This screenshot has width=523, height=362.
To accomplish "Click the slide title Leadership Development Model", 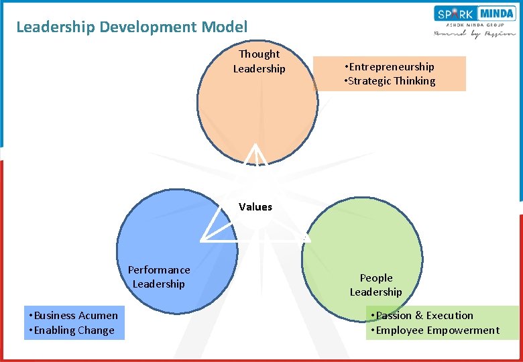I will click(131, 27).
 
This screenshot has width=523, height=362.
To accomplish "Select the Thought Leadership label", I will click(259, 61).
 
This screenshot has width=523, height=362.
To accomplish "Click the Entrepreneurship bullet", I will click(389, 66).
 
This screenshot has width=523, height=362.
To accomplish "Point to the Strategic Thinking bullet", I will click(390, 81).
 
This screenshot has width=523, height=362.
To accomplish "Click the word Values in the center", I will click(255, 206).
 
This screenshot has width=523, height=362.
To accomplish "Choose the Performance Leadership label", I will click(159, 277).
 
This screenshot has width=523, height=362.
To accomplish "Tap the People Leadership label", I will click(375, 285).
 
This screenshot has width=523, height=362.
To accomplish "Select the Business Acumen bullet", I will click(73, 316).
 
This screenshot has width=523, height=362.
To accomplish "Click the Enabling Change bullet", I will click(71, 330).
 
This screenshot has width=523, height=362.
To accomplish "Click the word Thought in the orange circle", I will click(259, 54).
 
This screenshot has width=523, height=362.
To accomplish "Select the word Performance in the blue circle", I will click(159, 269).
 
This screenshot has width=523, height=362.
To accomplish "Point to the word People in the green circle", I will click(376, 278).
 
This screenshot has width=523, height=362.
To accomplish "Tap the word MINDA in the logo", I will click(496, 13).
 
